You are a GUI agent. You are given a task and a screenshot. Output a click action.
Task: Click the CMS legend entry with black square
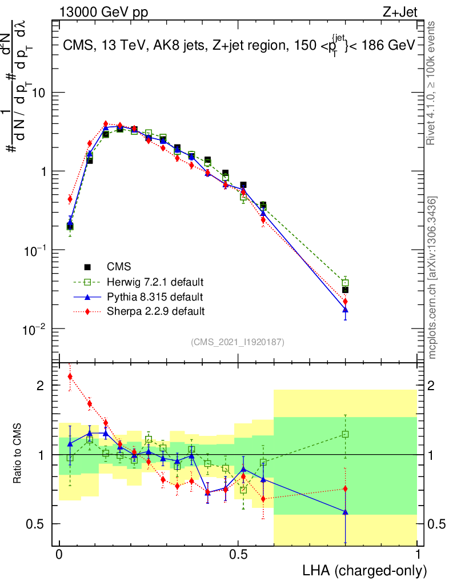119,267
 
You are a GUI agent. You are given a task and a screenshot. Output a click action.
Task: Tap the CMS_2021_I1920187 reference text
238,342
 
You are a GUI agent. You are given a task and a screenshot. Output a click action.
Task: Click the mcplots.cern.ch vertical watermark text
434,278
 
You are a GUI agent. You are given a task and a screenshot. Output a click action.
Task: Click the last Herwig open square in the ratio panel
345,434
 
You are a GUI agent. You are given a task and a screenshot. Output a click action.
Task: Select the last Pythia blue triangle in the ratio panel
345,512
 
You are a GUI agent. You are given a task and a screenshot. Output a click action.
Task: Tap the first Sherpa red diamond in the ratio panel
70,376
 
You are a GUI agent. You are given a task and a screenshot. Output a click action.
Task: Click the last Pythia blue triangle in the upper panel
345,310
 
